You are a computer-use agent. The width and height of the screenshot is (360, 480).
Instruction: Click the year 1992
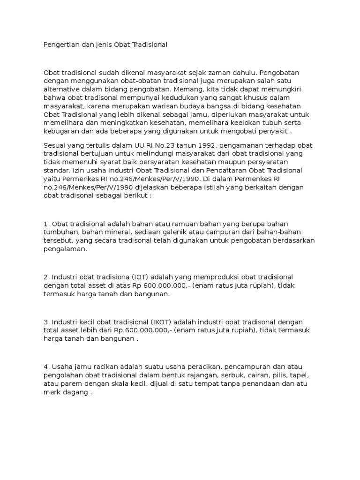201,145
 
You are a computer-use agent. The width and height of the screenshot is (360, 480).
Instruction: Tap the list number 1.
45,225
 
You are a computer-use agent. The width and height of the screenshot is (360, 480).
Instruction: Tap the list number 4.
45,367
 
